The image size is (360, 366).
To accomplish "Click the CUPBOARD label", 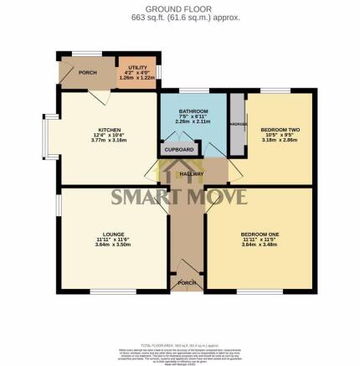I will [179, 149].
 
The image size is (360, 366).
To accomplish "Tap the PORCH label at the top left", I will [87, 73].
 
